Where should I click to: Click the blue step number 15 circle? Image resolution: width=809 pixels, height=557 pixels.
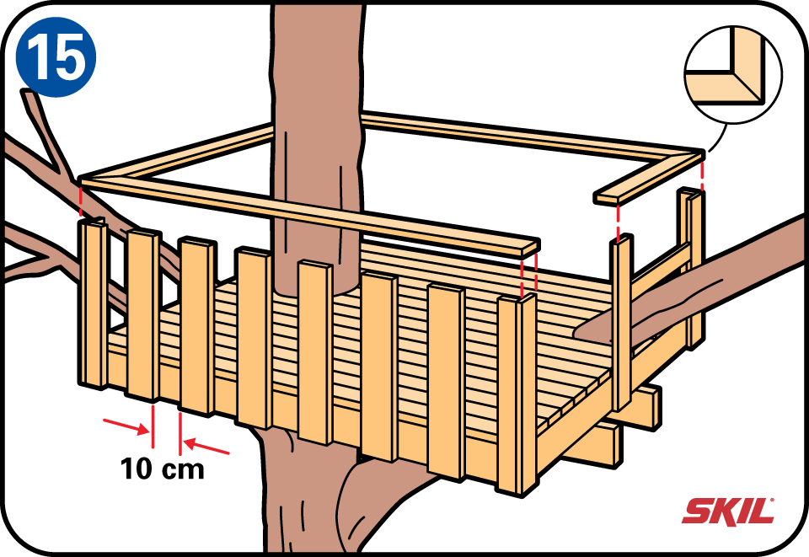pos(56,56)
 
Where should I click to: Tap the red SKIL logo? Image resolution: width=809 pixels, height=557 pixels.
pos(728,511)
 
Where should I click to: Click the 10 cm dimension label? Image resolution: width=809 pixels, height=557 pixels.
pos(163,469)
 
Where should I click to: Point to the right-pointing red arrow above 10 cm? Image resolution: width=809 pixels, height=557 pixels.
pos(126,426)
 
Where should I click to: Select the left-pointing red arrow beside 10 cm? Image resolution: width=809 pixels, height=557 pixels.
pos(206,446)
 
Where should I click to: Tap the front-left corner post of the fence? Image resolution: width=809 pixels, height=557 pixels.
pos(93,303)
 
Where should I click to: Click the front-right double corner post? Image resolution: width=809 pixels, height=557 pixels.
pos(517,394)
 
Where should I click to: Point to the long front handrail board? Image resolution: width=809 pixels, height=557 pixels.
pos(309,214)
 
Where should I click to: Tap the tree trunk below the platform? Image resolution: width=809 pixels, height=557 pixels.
pos(309,495)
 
